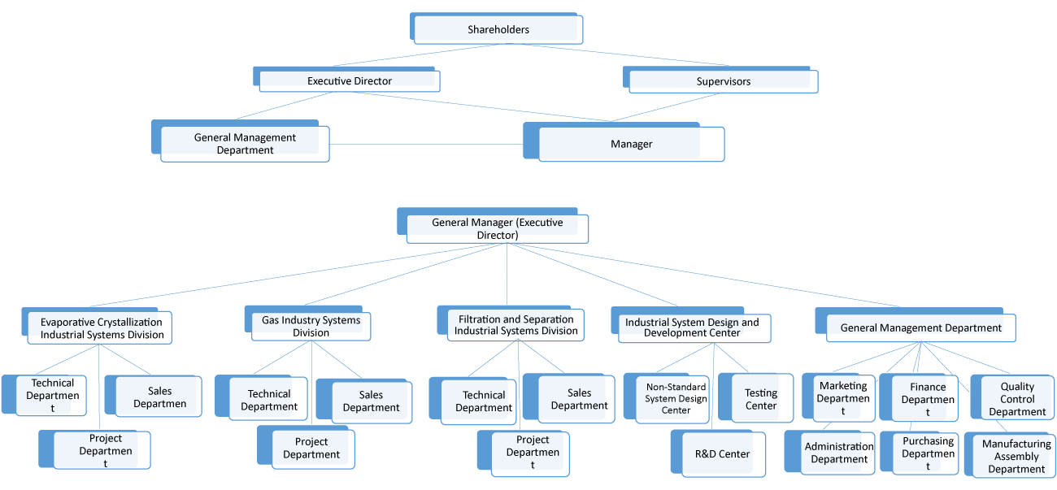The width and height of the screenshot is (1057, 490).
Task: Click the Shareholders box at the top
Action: click(x=498, y=30)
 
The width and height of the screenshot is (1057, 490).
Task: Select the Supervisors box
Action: click(x=723, y=81)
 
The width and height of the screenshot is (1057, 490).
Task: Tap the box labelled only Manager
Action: click(x=631, y=145)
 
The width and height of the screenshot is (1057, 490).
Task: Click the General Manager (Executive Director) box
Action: click(x=497, y=228)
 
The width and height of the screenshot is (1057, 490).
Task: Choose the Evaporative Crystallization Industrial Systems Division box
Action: click(x=102, y=328)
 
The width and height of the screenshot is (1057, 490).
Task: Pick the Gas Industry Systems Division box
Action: click(x=311, y=326)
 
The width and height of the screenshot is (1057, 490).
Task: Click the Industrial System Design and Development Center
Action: click(x=692, y=327)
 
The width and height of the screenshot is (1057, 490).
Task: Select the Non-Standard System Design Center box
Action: click(x=675, y=398)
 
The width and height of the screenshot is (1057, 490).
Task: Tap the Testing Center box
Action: click(x=760, y=399)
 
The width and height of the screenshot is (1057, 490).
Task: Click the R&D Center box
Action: click(x=722, y=454)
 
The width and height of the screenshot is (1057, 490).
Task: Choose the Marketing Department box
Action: click(x=842, y=398)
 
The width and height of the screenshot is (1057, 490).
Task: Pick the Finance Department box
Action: click(x=927, y=399)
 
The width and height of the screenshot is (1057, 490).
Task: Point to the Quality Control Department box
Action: click(x=1016, y=399)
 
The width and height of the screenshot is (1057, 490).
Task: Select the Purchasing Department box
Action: click(x=927, y=453)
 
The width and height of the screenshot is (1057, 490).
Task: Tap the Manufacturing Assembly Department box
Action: click(x=1016, y=456)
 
